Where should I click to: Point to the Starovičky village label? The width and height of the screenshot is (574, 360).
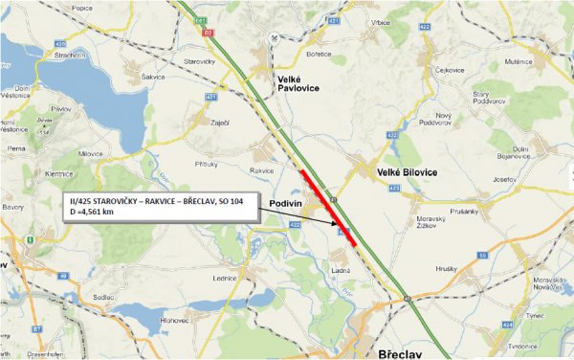click(204, 62)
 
